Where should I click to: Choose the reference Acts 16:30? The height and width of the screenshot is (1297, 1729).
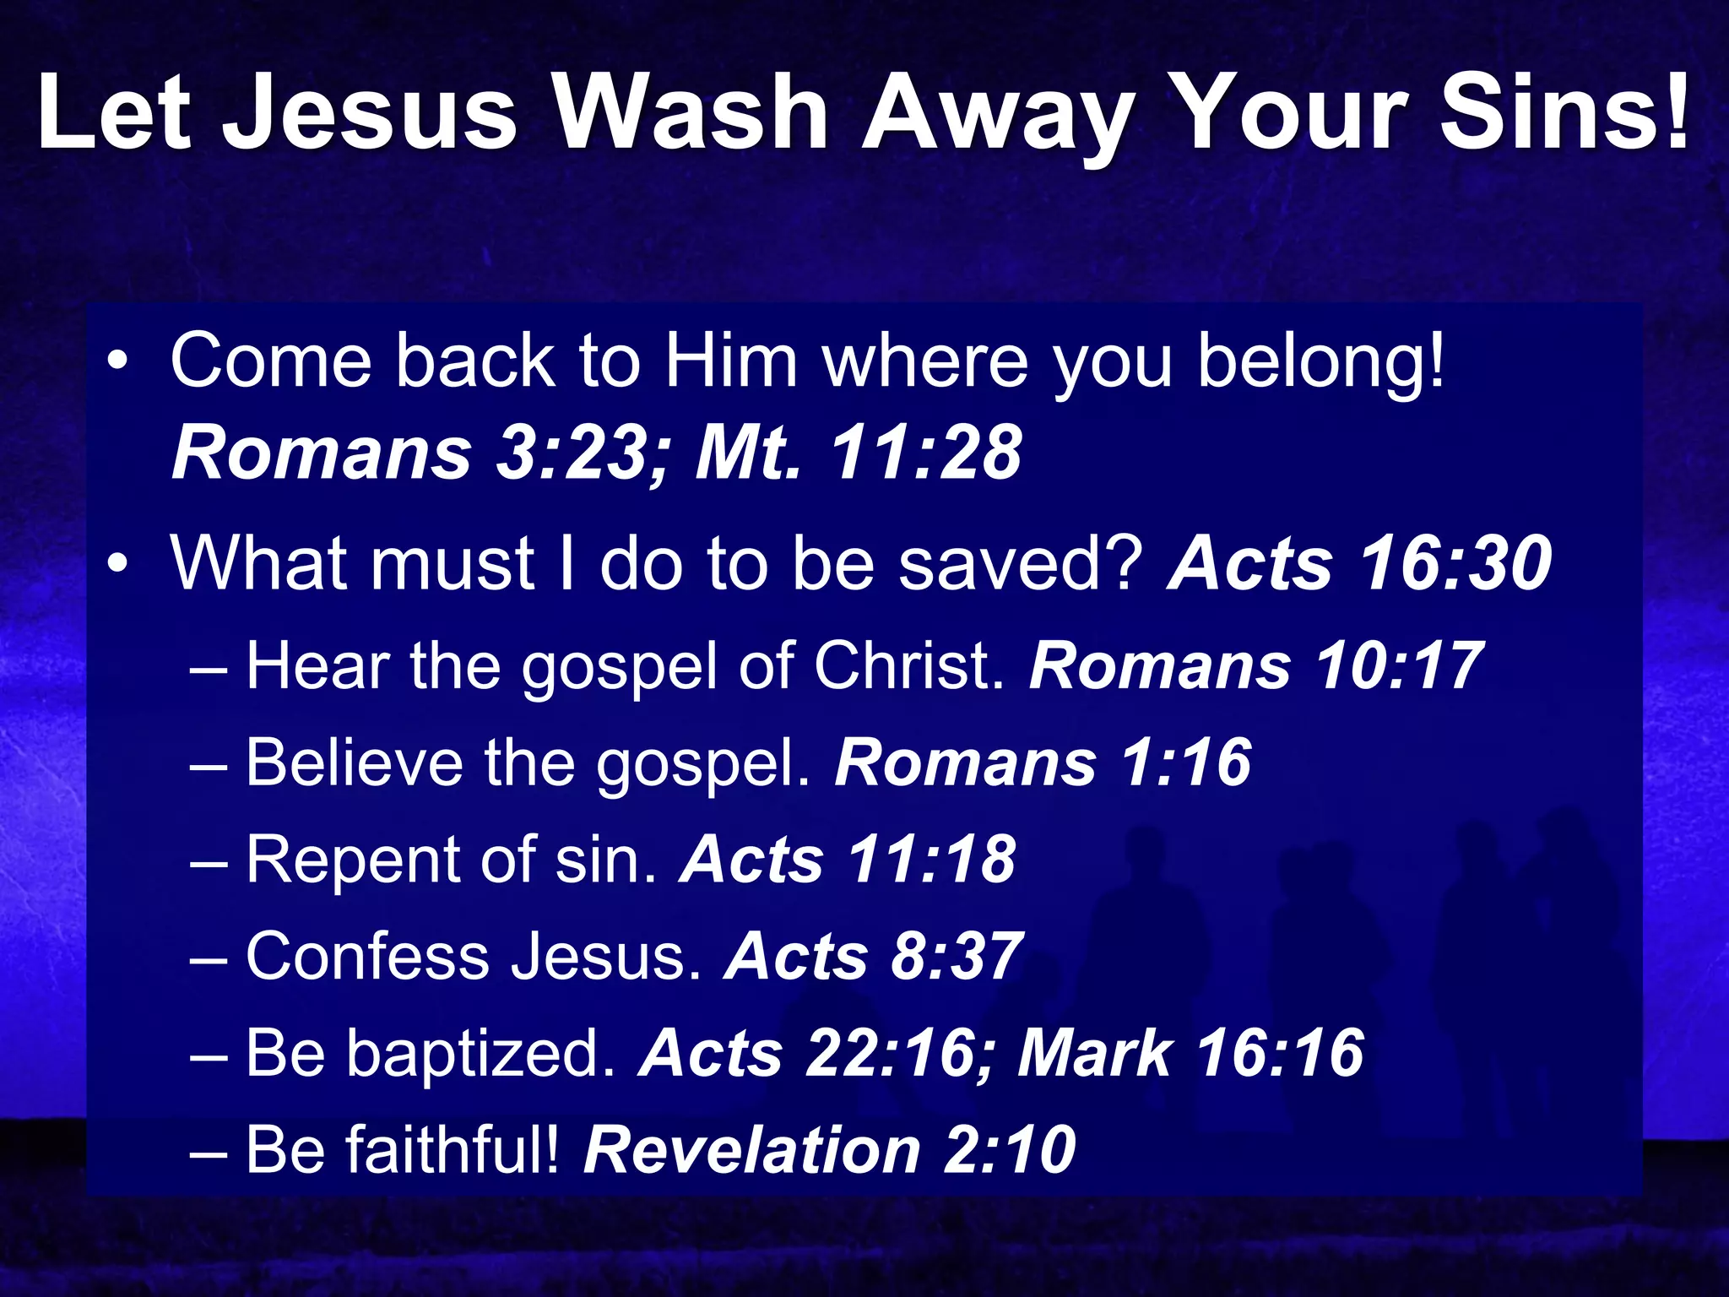coord(1359,563)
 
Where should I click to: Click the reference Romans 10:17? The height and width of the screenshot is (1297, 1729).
coord(1255,666)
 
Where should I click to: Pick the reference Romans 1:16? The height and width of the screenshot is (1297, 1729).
coord(1043,762)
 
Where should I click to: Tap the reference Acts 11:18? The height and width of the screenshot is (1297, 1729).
coord(848,860)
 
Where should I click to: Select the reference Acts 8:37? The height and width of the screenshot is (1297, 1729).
coord(874,957)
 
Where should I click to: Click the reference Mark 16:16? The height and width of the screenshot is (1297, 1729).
coord(1190,1053)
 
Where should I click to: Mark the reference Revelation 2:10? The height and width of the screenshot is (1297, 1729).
coord(830,1149)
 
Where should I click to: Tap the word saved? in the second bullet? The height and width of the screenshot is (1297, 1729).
coord(1021,563)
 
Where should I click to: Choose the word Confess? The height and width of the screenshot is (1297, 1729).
coord(367,957)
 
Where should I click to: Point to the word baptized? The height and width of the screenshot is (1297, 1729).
coord(481,1053)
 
